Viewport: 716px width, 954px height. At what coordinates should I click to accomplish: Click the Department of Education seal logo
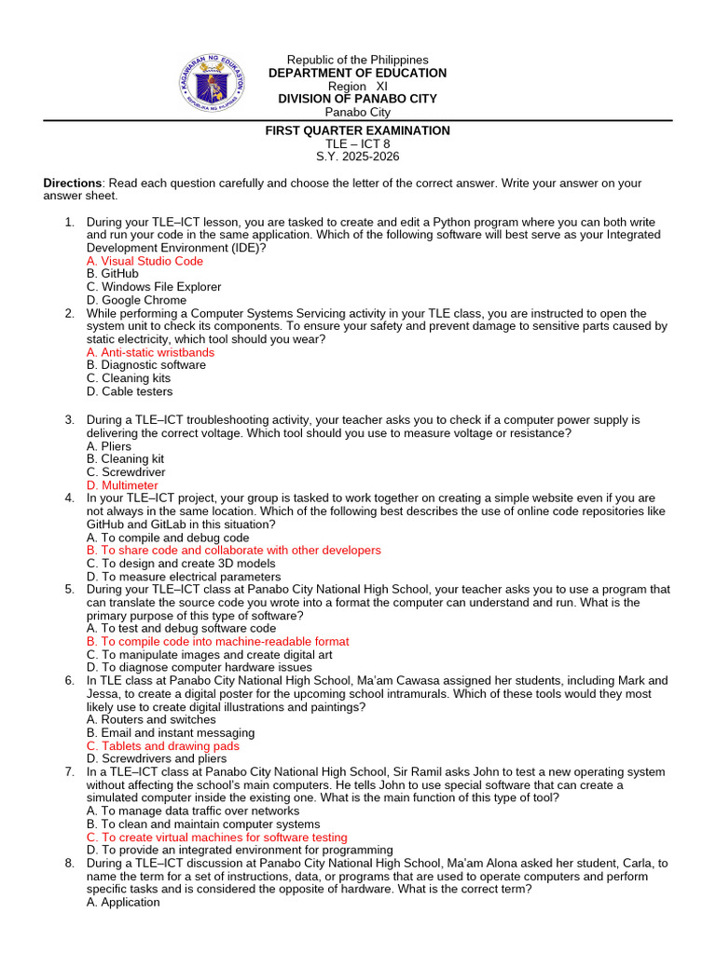(x=212, y=86)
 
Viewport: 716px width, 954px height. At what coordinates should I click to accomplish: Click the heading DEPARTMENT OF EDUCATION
(x=357, y=74)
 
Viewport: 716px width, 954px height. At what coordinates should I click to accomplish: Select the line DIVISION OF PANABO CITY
(x=357, y=100)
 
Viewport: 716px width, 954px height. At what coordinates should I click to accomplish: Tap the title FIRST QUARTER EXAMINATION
(x=357, y=131)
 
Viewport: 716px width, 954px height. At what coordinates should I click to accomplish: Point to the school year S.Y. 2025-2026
(x=357, y=157)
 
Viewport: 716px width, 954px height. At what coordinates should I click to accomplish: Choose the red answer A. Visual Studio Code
(x=145, y=262)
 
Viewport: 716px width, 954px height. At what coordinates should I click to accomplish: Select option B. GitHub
(x=112, y=275)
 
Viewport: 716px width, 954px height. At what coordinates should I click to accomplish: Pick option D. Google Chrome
(x=136, y=301)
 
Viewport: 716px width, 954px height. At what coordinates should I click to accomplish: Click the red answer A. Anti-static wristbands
(x=150, y=353)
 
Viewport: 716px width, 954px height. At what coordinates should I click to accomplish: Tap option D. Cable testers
(x=130, y=392)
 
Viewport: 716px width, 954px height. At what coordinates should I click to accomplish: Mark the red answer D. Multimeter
(x=122, y=485)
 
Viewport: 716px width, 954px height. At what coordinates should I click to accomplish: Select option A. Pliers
(x=109, y=446)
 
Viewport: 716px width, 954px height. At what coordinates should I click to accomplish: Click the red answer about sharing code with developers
(x=233, y=551)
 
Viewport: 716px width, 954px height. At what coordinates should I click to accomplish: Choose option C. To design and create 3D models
(x=181, y=564)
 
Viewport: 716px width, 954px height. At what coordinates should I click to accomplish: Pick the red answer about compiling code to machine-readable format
(x=217, y=642)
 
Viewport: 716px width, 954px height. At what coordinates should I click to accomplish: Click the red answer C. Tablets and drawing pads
(x=162, y=746)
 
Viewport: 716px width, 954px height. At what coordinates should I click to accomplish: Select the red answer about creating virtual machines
(x=216, y=838)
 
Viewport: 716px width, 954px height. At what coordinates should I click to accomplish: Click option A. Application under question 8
(x=123, y=903)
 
